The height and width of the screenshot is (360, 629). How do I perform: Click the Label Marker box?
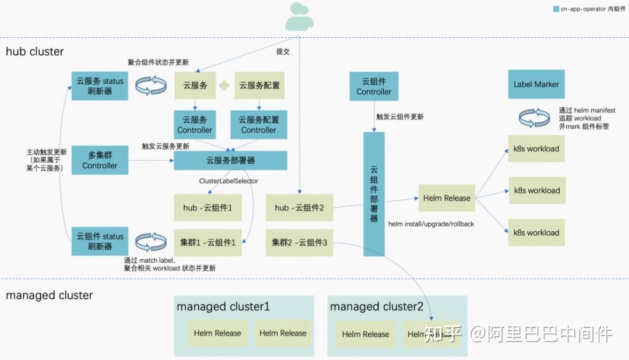(536, 84)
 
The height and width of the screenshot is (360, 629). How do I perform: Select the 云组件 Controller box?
(374, 86)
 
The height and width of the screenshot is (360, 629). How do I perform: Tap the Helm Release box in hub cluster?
(447, 198)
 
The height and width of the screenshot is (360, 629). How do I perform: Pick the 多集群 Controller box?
(100, 160)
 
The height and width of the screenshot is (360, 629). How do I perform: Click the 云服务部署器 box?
(231, 161)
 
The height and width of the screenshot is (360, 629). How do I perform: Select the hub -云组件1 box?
(208, 208)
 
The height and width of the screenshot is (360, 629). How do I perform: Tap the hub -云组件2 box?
(299, 208)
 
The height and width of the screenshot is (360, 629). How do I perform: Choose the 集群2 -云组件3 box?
(299, 243)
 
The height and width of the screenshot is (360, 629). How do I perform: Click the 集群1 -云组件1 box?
(208, 243)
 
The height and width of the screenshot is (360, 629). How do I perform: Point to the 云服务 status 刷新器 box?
(100, 86)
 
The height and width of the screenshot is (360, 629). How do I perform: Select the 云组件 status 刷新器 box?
(100, 241)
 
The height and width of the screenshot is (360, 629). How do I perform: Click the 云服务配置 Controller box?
(259, 125)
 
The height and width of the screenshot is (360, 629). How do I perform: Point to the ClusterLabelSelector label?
(228, 181)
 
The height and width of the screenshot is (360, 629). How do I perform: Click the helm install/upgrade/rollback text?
(430, 224)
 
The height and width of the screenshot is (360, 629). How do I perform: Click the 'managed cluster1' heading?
(223, 306)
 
